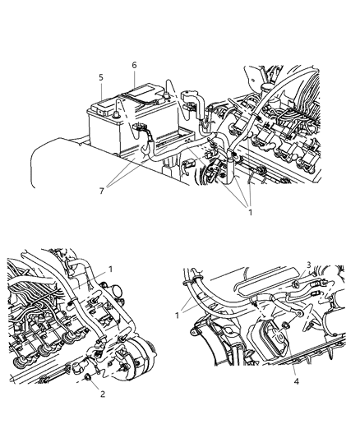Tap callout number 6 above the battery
[134, 64]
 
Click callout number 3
[308, 287]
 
